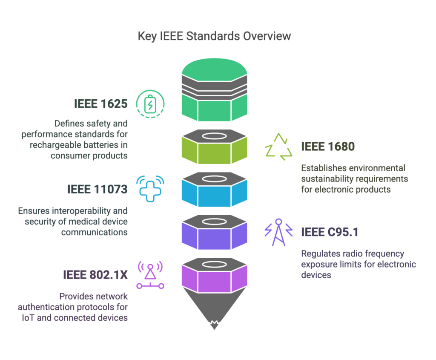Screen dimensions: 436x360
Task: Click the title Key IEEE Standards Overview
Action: tap(214, 36)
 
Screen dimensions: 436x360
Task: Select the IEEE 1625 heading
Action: tap(100, 104)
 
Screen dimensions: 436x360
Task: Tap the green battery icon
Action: tap(150, 104)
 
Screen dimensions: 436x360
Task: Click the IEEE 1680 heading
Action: tap(328, 146)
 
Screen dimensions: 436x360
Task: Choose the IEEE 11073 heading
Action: tap(98, 189)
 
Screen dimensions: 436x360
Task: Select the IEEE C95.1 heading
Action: tap(330, 232)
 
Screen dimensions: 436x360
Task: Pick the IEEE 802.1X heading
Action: tap(95, 275)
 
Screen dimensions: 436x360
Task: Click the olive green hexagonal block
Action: tap(215, 147)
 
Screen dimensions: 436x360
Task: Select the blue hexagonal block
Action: tap(215, 190)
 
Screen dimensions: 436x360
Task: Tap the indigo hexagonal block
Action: tap(215, 232)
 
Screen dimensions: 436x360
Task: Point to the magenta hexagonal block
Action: tap(215, 275)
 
